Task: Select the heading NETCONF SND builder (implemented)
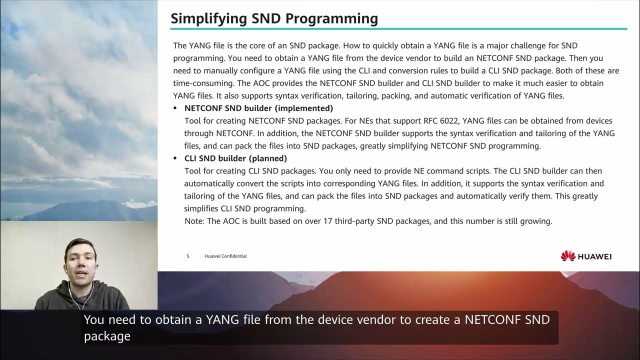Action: pos(258,108)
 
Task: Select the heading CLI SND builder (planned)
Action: pos(235,158)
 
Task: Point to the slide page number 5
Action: pos(188,256)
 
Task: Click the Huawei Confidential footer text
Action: pos(225,256)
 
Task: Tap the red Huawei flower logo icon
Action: pos(568,256)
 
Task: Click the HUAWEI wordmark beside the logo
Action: pos(594,256)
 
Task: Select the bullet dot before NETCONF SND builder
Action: pos(175,108)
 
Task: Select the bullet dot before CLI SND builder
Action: pos(175,158)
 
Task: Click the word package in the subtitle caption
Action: pos(107,336)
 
